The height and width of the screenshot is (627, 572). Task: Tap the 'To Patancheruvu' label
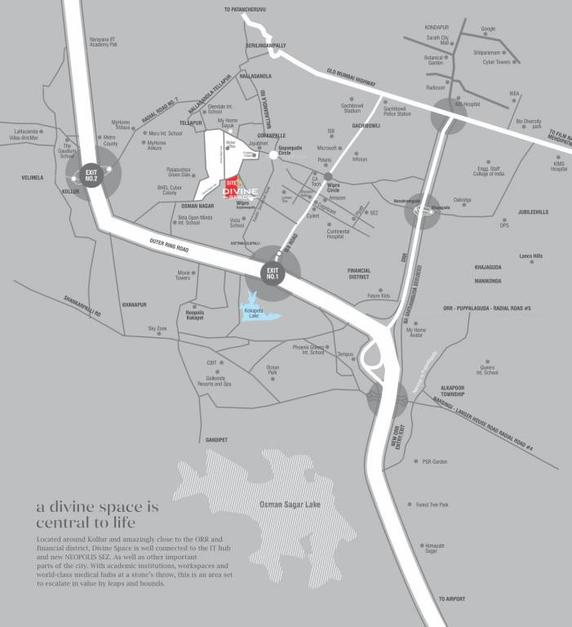pos(244,10)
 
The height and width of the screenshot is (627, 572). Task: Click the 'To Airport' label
pos(450,598)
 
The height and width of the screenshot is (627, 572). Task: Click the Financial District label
pos(359,273)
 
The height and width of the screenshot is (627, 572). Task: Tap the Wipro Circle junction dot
pos(327,176)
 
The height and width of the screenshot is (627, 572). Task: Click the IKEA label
pos(514,94)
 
